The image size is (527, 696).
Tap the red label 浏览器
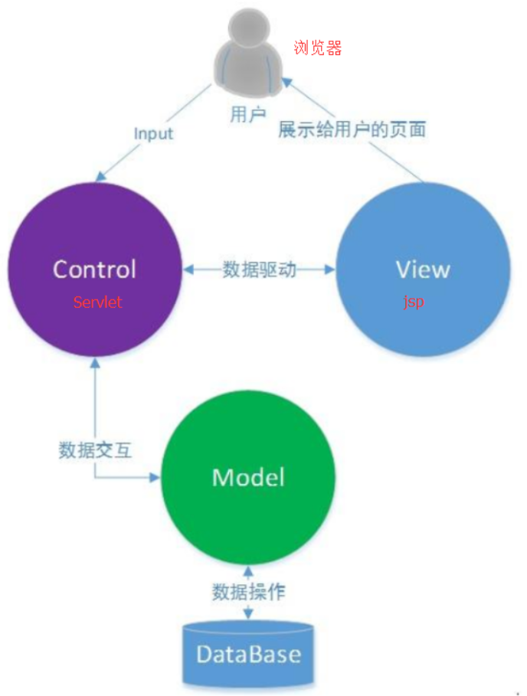coord(317,48)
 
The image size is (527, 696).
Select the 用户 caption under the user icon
coord(247,115)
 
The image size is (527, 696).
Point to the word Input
coord(153,133)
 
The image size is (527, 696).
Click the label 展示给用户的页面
coord(352,129)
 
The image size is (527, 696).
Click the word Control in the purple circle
coord(94,270)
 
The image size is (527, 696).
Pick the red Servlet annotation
coord(97,302)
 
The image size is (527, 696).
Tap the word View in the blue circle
coord(423,270)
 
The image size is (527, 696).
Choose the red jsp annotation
coord(414,302)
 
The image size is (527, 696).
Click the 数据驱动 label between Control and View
coord(259,270)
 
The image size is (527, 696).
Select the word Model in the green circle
coord(248,477)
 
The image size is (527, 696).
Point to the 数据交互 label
coord(95,449)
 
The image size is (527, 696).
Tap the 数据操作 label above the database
coord(249,592)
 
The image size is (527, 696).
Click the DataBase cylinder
coord(248,655)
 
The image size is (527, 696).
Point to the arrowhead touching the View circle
coord(330,270)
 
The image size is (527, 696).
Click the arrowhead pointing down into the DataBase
coord(248,613)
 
